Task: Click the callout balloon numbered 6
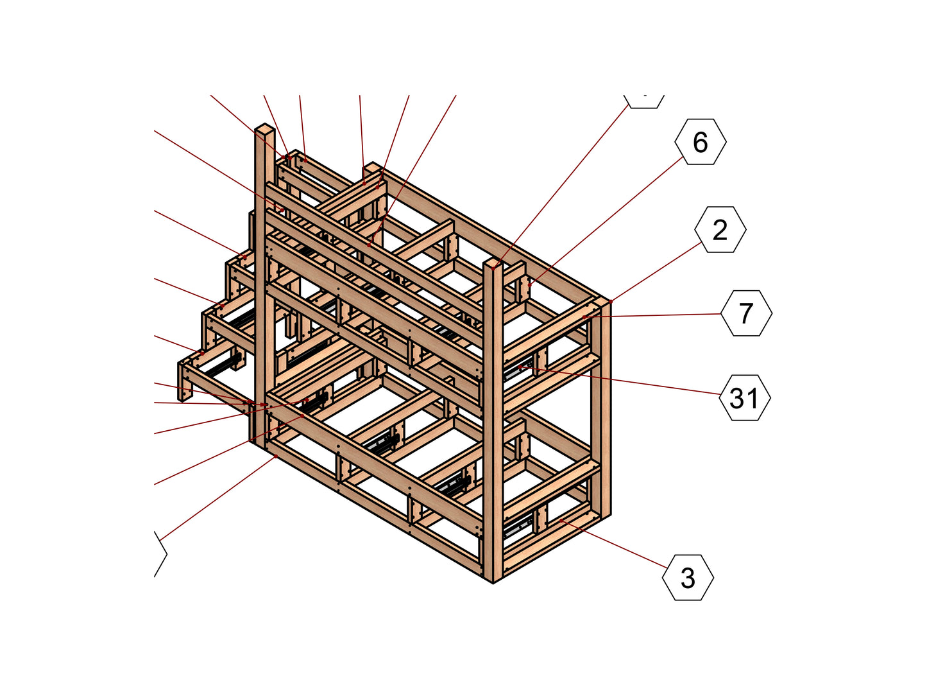pyautogui.click(x=700, y=141)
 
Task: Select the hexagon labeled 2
pyautogui.click(x=720, y=229)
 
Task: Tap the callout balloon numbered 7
pyautogui.click(x=746, y=313)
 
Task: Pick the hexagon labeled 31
pyautogui.click(x=744, y=397)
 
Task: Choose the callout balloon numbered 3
pyautogui.click(x=688, y=578)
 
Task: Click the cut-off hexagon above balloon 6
pyautogui.click(x=643, y=101)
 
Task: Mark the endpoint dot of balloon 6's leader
pyautogui.click(x=530, y=285)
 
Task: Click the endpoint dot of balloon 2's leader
pyautogui.click(x=611, y=302)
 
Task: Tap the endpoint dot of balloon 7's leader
pyautogui.click(x=584, y=317)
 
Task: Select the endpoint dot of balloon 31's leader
pyautogui.click(x=520, y=367)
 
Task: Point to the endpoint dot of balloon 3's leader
pyautogui.click(x=561, y=521)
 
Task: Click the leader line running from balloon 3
pyautogui.click(x=615, y=544)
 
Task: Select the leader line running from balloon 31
pyautogui.click(x=620, y=381)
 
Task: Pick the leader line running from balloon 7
pyautogui.click(x=652, y=315)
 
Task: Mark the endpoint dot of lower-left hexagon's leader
pyautogui.click(x=276, y=456)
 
